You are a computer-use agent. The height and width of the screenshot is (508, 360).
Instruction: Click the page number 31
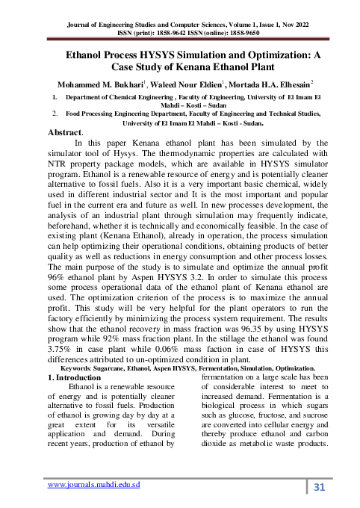coord(320,487)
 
